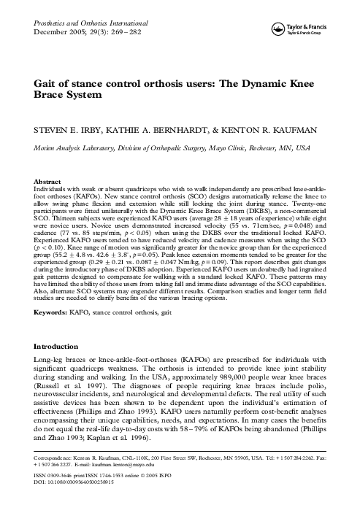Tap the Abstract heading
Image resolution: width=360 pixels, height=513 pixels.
coord(47,180)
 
